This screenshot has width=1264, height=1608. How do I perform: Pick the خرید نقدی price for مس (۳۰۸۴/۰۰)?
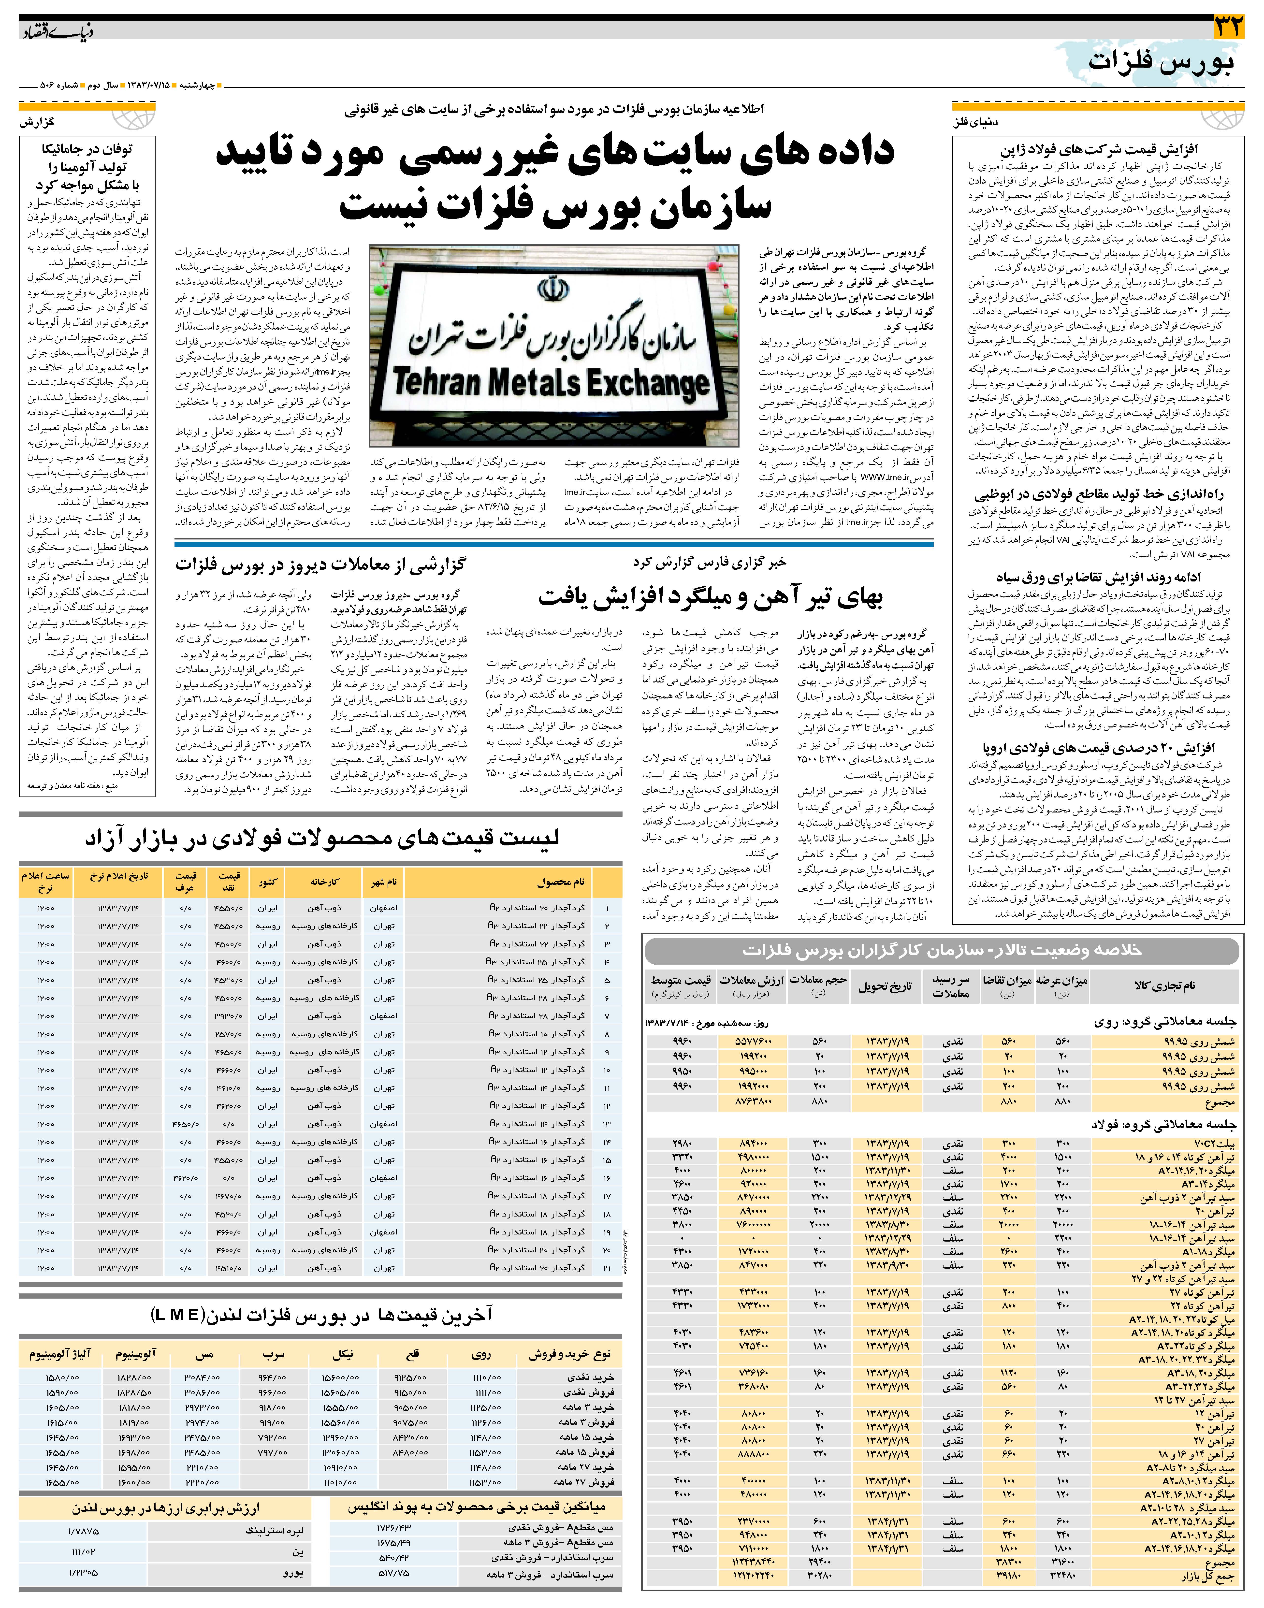point(202,1377)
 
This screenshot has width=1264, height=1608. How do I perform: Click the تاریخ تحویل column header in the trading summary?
point(885,986)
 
